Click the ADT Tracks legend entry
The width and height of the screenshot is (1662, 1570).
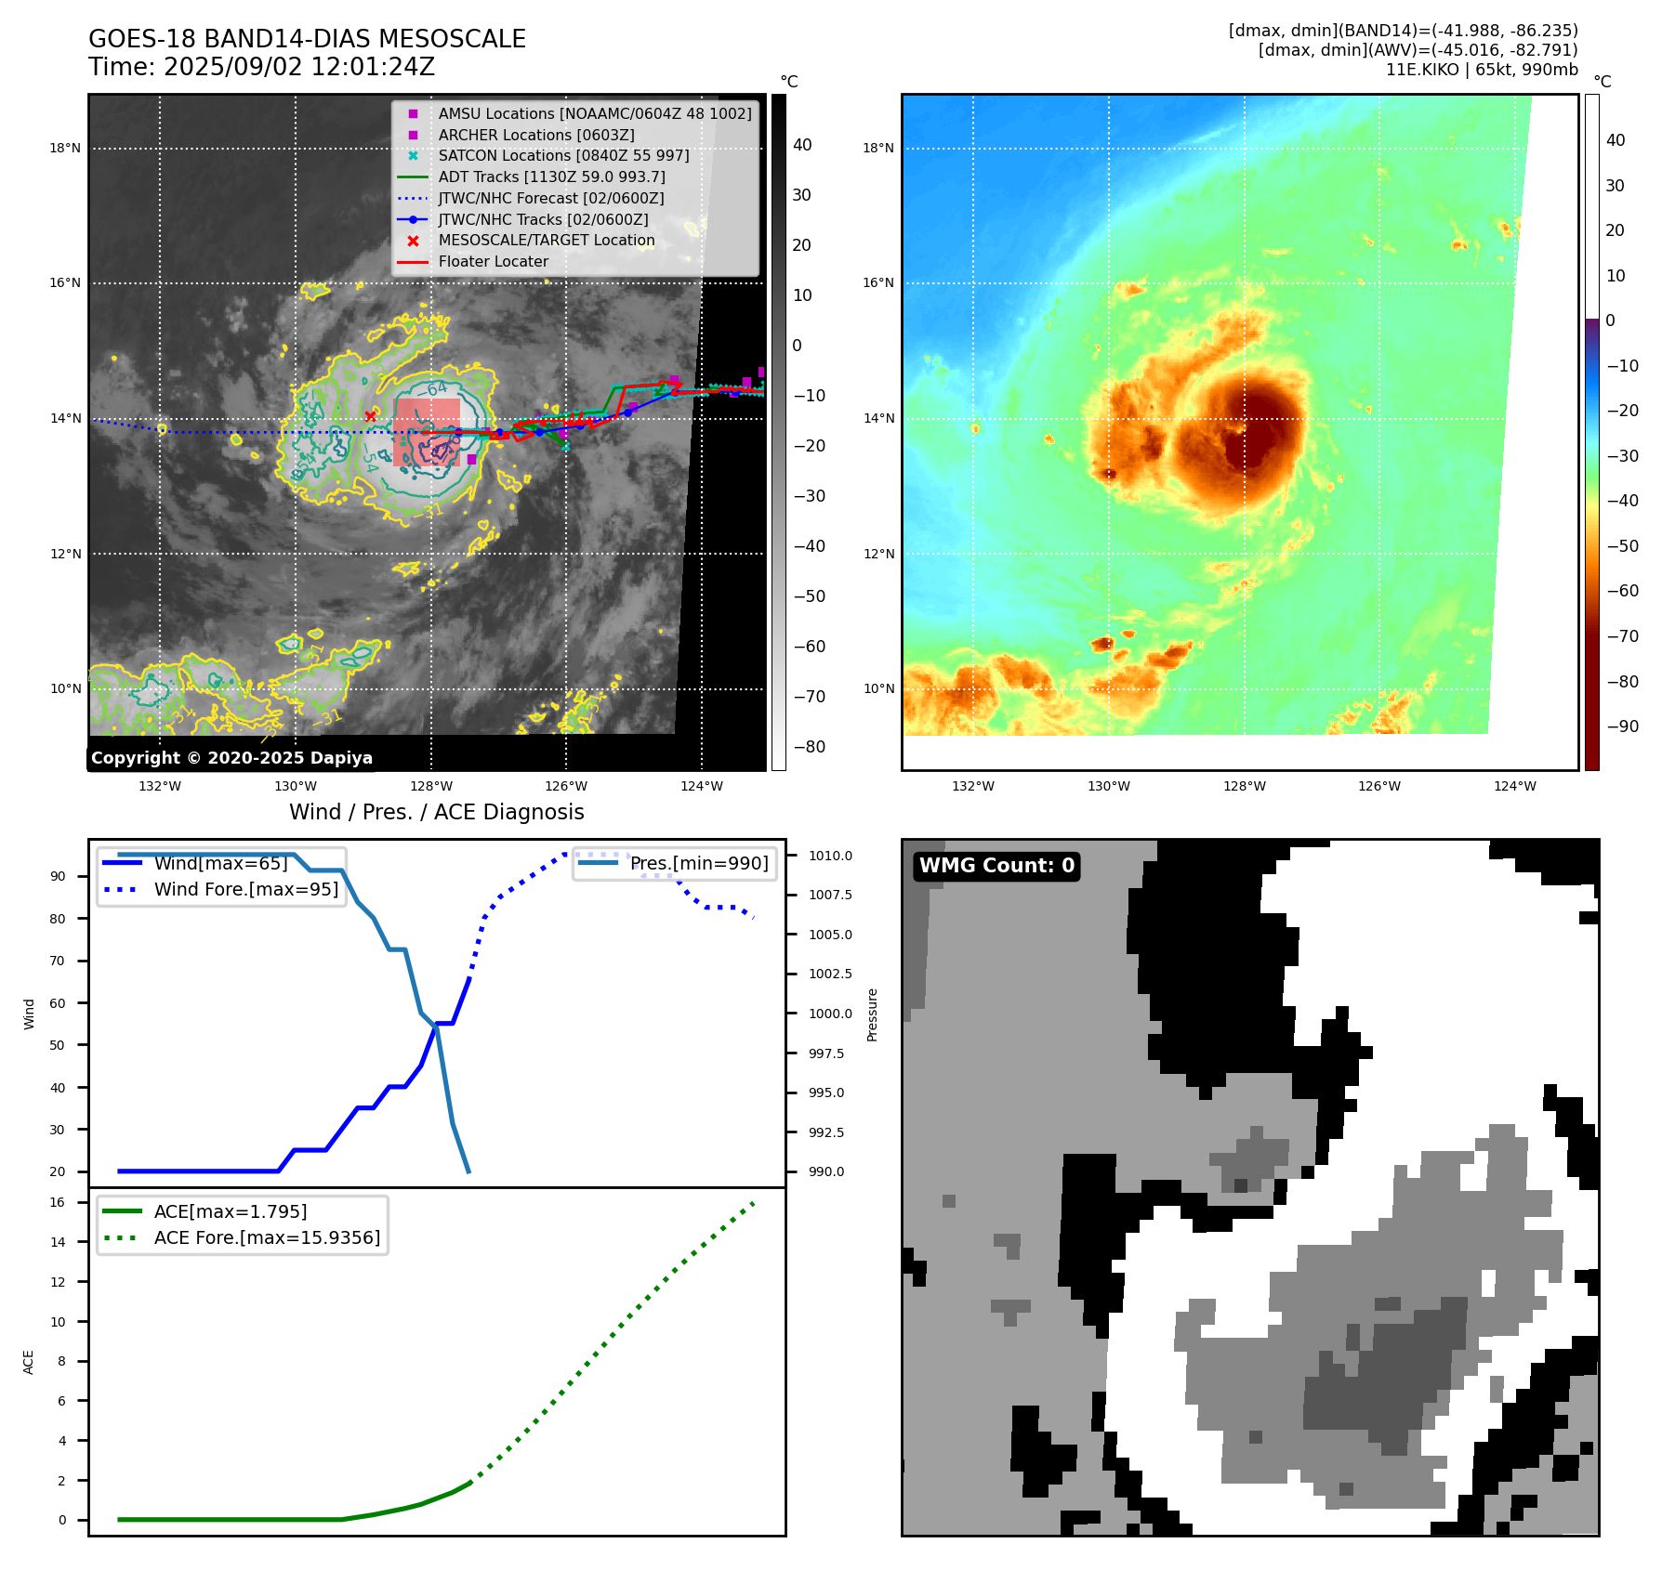(551, 177)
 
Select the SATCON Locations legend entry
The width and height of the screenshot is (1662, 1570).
(563, 155)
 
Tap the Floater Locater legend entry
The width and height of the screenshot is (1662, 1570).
(493, 261)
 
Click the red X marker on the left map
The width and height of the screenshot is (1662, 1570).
(370, 416)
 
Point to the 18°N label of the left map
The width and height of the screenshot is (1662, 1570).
(65, 148)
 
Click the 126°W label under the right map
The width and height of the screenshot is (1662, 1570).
(1379, 786)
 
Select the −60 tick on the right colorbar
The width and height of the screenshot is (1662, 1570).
(1623, 591)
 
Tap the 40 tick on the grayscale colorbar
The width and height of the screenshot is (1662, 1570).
(802, 145)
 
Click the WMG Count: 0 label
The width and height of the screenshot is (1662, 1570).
(996, 866)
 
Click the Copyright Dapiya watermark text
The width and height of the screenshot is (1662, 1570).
(231, 758)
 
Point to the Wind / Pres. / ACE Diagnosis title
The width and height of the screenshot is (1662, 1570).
(436, 812)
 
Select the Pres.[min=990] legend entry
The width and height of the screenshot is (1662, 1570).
(699, 863)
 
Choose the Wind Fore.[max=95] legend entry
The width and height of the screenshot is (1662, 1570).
(246, 889)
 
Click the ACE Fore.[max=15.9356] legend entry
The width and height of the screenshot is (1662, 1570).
(267, 1237)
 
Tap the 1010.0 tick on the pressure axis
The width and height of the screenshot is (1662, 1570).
(829, 856)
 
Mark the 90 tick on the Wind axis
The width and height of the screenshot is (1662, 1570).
(58, 876)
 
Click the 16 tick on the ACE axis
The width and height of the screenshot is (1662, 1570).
(58, 1202)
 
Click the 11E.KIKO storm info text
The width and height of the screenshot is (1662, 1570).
(1481, 70)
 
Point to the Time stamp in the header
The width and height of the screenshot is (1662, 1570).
(261, 67)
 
